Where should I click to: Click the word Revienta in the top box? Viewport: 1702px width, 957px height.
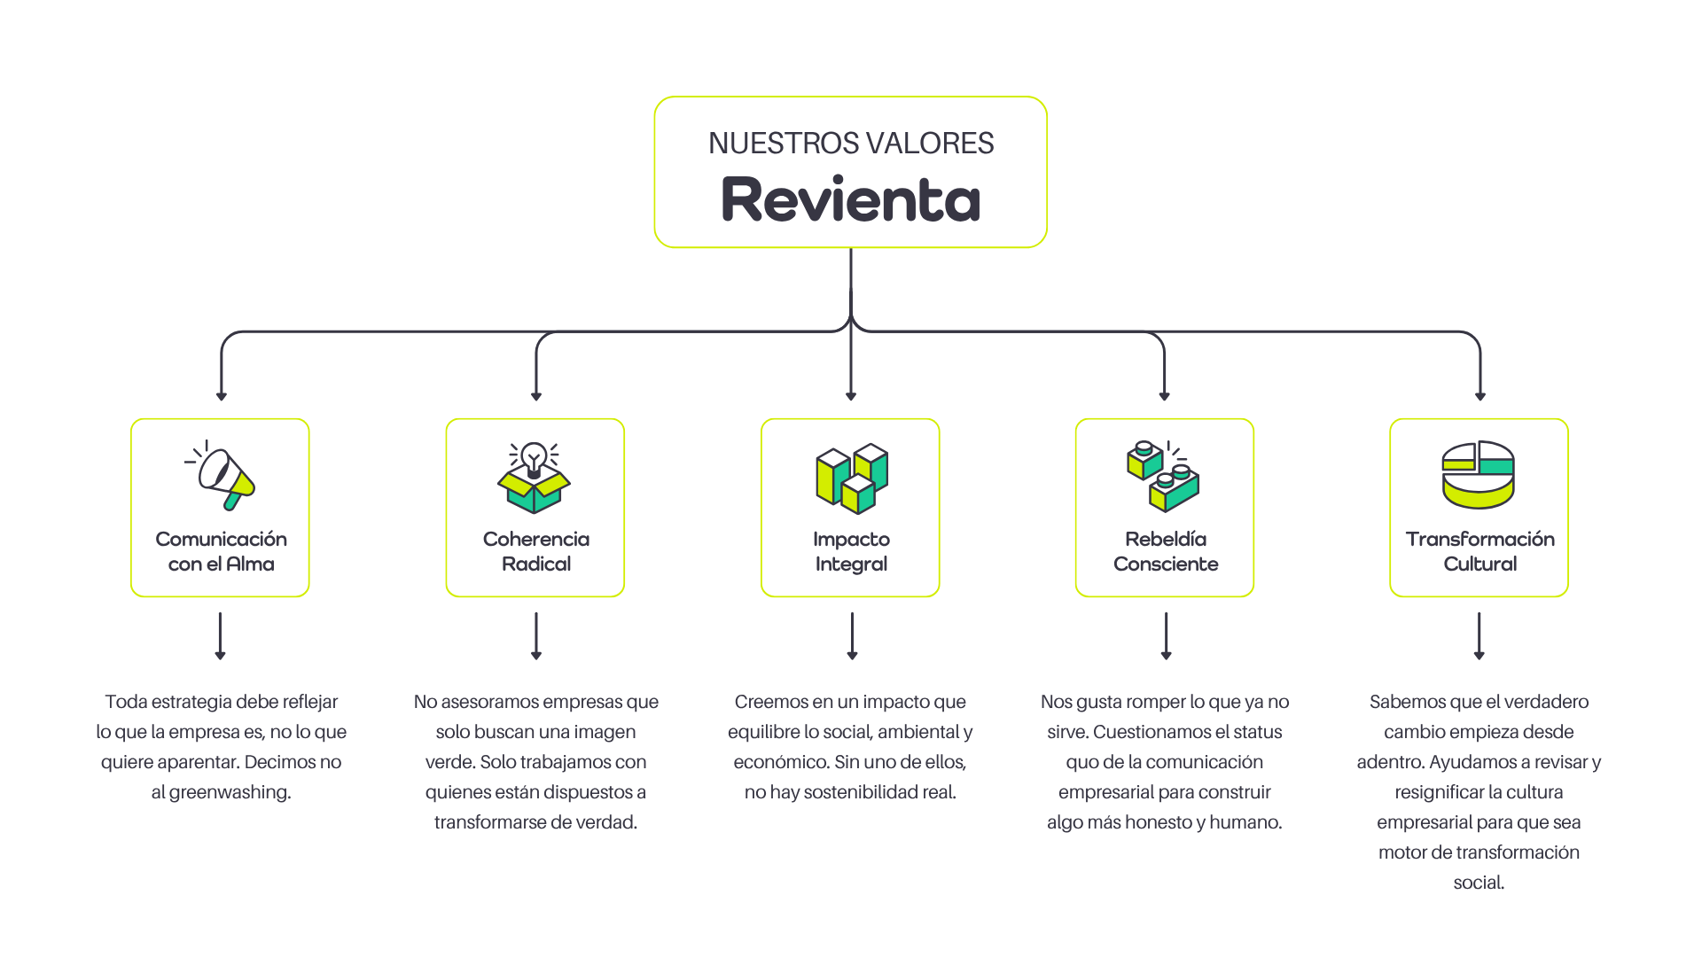pyautogui.click(x=851, y=199)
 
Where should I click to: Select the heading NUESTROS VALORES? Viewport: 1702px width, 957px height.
pyautogui.click(x=851, y=143)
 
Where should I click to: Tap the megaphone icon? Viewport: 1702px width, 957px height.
pyautogui.click(x=222, y=475)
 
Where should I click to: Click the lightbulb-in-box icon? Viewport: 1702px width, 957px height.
pyautogui.click(x=535, y=478)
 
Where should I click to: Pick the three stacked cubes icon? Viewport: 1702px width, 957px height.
pyautogui.click(x=851, y=478)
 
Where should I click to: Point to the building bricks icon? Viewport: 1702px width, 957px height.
pyautogui.click(x=1163, y=476)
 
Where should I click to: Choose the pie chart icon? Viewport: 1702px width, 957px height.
pyautogui.click(x=1478, y=475)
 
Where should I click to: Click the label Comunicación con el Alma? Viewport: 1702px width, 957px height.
pyautogui.click(x=221, y=551)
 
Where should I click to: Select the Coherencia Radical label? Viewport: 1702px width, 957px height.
pyautogui.click(x=535, y=551)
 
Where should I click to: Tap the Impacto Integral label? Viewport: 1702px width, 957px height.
pyautogui.click(x=851, y=551)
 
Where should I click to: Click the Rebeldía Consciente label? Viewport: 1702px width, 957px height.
pyautogui.click(x=1165, y=551)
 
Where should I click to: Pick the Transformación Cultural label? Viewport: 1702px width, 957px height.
pyautogui.click(x=1479, y=551)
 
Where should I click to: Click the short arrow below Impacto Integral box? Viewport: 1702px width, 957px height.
pyautogui.click(x=852, y=636)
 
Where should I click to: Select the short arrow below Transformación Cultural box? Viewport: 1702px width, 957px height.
pyautogui.click(x=1479, y=636)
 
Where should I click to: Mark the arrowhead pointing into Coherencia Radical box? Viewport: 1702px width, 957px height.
pyautogui.click(x=535, y=396)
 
